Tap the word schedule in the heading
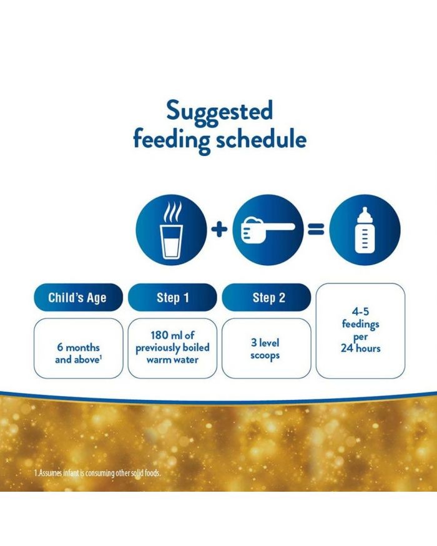coord(261,139)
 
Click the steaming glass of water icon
coord(171,230)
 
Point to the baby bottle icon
coord(365,230)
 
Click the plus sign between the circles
coord(220,230)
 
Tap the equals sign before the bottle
coord(316,230)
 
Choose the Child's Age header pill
coord(79,298)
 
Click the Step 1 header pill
coord(172,298)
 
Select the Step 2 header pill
coord(267,298)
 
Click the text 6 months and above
coord(79,353)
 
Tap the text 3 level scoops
coord(265,349)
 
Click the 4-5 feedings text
coord(360,318)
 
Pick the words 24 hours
coord(361,348)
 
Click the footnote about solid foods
coord(97,473)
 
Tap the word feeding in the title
coord(172,140)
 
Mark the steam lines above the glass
coord(173,212)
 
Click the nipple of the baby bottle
coord(365,212)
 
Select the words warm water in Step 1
coord(172,359)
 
